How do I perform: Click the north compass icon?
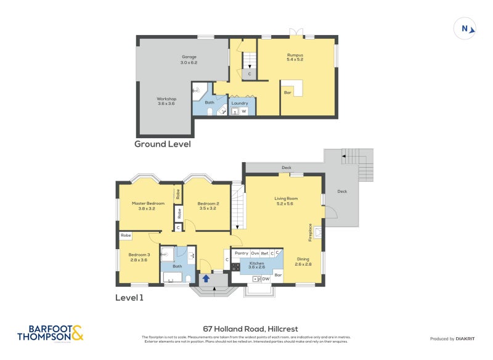pyautogui.click(x=465, y=28)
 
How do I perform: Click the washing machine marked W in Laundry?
pyautogui.click(x=244, y=112)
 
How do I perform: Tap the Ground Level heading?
pyautogui.click(x=163, y=144)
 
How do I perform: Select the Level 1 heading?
pyautogui.click(x=129, y=298)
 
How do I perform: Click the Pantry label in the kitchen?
pyautogui.click(x=241, y=253)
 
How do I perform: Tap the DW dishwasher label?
pyautogui.click(x=266, y=279)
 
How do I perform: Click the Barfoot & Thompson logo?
pyautogui.click(x=50, y=333)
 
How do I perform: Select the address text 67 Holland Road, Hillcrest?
pyautogui.click(x=246, y=329)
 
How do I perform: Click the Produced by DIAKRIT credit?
pyautogui.click(x=452, y=339)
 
